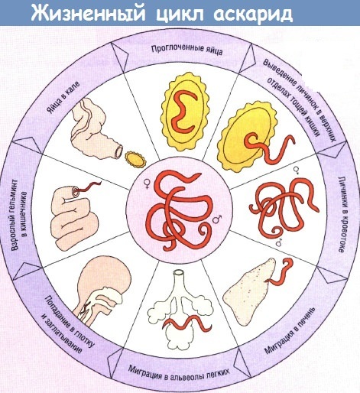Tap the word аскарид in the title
point(253,15)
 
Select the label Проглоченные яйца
point(187,50)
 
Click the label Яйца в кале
point(63,97)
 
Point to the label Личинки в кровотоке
point(342,214)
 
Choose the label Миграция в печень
point(290,331)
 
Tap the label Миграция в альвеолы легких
point(179,372)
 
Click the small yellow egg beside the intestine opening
point(135,160)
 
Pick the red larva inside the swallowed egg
point(185,112)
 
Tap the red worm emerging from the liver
point(281,273)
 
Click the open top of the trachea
point(179,273)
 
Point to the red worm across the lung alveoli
point(187,323)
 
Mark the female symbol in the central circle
point(147,184)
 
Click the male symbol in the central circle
point(217,219)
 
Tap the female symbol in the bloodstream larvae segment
point(296,170)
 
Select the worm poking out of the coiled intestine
point(88,187)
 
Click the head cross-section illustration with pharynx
point(101,291)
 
